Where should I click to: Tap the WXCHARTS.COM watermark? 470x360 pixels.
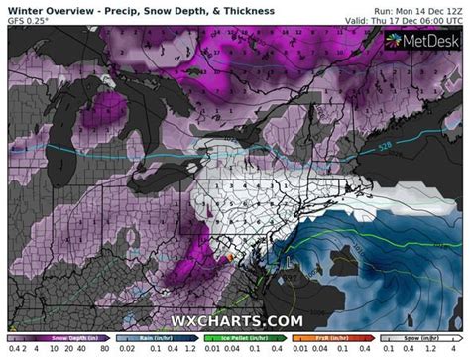pyautogui.click(x=235, y=322)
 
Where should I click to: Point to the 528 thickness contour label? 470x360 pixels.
pyautogui.click(x=385, y=147)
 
